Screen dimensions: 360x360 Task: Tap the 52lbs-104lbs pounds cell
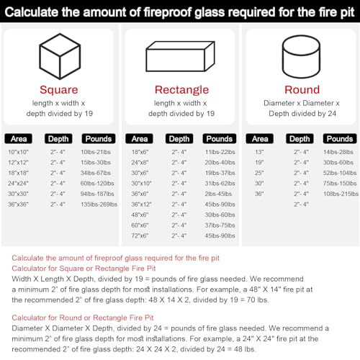(x=340, y=173)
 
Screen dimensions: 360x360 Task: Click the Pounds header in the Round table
(x=338, y=138)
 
